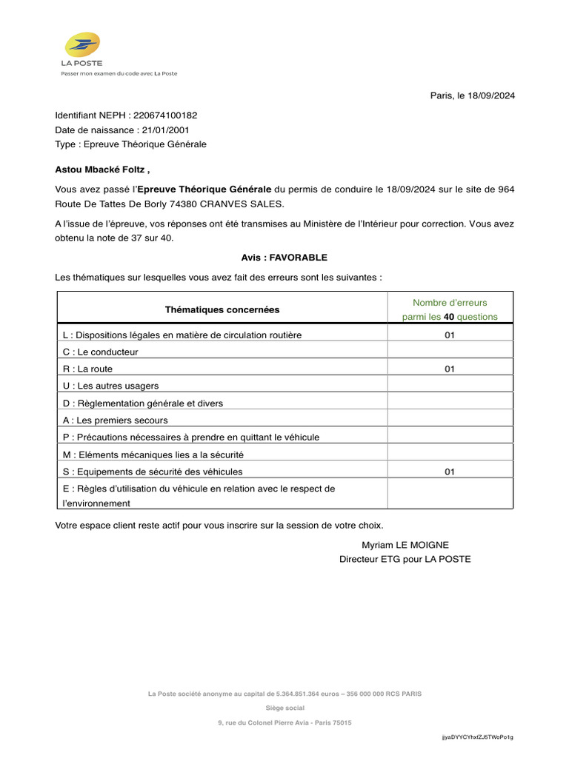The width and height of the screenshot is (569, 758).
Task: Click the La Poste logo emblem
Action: [x=82, y=44]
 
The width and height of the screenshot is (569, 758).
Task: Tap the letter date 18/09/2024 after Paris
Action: [x=491, y=95]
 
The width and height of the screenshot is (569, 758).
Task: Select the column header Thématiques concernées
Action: [x=222, y=309]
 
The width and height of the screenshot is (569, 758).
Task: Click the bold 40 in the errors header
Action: [x=448, y=317]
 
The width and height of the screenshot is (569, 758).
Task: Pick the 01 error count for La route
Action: [x=450, y=369]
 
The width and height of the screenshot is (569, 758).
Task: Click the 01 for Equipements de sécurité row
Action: [x=450, y=472]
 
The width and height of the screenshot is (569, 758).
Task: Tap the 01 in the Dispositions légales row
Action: [x=450, y=335]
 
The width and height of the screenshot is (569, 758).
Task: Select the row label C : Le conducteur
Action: [x=101, y=352]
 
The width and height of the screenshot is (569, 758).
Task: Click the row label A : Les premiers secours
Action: [x=116, y=420]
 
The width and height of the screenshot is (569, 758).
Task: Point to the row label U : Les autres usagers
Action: [x=111, y=386]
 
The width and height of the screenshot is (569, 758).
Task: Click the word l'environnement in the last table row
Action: [x=97, y=503]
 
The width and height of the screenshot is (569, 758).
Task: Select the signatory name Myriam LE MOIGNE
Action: [x=405, y=545]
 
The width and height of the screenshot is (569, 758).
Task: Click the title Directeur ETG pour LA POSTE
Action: [x=405, y=559]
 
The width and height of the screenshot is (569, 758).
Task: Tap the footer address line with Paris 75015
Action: [x=284, y=722]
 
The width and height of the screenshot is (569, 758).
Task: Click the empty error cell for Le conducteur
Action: [x=450, y=352]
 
